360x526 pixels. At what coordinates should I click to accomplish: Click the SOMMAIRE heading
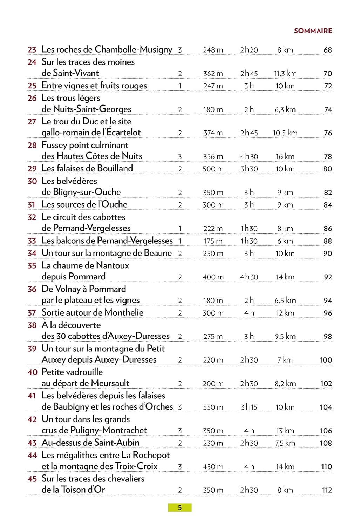[313, 31]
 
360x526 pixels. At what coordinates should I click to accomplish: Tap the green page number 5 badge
[180, 507]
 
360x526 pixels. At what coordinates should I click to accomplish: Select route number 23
[32, 50]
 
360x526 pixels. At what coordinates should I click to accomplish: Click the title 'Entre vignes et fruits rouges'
[94, 86]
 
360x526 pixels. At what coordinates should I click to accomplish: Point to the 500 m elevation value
[213, 169]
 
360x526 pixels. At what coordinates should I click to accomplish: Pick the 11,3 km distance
[285, 74]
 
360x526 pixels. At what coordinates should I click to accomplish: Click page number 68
[327, 50]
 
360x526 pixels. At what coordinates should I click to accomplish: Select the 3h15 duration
[249, 407]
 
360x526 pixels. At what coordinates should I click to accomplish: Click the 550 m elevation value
[213, 407]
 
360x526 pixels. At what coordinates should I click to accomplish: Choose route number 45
[32, 479]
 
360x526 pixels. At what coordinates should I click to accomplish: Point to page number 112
[327, 490]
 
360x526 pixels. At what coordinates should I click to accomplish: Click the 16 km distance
[285, 156]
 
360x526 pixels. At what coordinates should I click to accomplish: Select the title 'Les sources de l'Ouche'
[84, 204]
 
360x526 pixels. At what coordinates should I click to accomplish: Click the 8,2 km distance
[285, 384]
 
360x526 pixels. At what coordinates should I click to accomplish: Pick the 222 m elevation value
[213, 229]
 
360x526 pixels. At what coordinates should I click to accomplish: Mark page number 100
[325, 360]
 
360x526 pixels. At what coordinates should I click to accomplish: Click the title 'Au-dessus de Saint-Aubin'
[90, 443]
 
